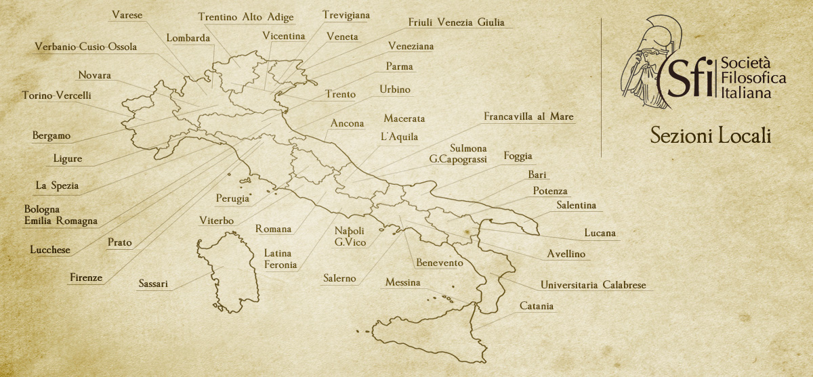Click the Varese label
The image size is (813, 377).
click(x=127, y=15)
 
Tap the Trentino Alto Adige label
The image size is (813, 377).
click(x=245, y=18)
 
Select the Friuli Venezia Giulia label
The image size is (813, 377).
click(x=456, y=22)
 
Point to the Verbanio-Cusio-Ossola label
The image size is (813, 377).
click(x=86, y=47)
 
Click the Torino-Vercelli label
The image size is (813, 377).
click(x=56, y=95)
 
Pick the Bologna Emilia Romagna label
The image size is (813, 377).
click(x=61, y=215)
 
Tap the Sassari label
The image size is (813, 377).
click(x=153, y=284)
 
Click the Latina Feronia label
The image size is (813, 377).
click(x=280, y=259)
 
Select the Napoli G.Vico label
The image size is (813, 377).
click(x=350, y=236)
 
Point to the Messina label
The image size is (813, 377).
click(x=402, y=282)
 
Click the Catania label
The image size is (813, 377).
click(x=537, y=307)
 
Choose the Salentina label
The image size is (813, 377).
click(x=576, y=205)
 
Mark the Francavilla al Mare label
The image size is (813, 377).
click(x=528, y=117)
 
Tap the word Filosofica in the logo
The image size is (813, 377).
click(x=753, y=79)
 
